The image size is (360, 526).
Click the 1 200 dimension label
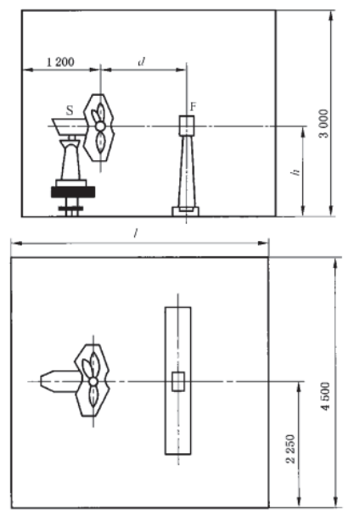point(60,62)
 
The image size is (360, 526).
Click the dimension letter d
point(142,61)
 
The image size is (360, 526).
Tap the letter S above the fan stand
point(70,110)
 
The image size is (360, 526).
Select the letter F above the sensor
point(193,107)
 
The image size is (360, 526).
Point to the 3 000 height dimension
point(324,124)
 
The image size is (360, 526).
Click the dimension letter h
point(295,172)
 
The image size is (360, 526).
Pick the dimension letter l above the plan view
point(135,233)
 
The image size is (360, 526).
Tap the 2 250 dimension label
point(291,449)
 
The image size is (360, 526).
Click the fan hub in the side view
point(100,126)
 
